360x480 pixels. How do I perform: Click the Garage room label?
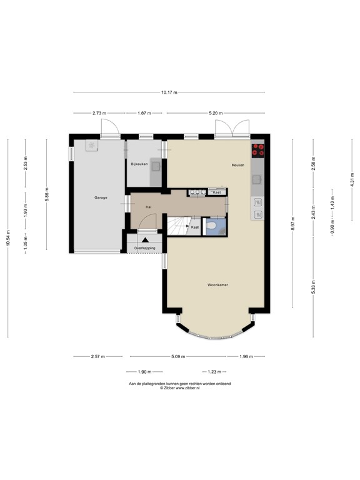tap(101, 197)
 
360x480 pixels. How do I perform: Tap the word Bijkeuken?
tap(139, 164)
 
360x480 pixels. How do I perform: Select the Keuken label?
tap(237, 165)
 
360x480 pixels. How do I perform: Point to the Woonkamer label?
tap(217, 284)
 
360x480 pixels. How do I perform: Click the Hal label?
tap(149, 206)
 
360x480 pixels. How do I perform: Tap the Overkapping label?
tap(145, 248)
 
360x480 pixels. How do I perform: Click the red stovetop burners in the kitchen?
tap(257, 150)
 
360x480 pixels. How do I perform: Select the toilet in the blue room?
tap(212, 226)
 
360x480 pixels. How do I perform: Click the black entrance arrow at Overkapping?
tap(146, 239)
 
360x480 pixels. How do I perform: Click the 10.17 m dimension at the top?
tap(169, 92)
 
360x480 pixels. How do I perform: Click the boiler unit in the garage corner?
tap(92, 146)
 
